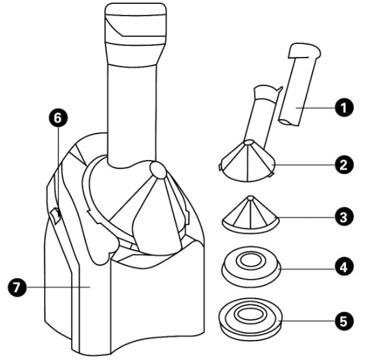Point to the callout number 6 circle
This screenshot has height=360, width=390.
click(x=59, y=118)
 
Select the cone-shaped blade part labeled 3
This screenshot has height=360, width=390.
click(x=249, y=214)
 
